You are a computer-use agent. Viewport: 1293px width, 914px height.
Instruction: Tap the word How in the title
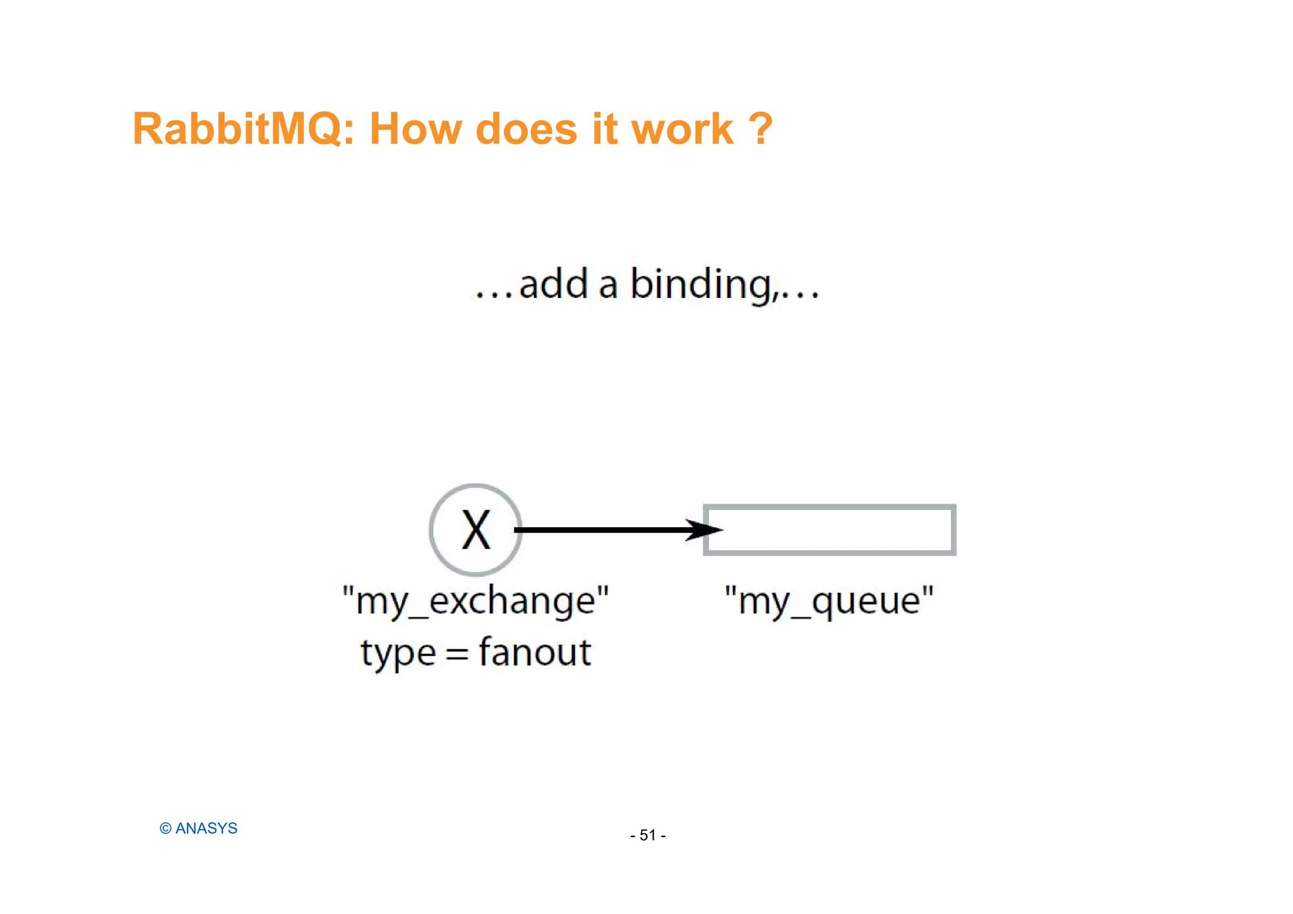pyautogui.click(x=415, y=129)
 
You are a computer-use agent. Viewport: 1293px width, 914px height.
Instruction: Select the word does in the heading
pyautogui.click(x=526, y=129)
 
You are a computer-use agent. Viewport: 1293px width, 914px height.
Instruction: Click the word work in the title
pyautogui.click(x=682, y=129)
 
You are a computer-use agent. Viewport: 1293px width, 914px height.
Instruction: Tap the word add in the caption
pyautogui.click(x=554, y=285)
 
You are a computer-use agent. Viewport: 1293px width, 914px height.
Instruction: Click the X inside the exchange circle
pyautogui.click(x=475, y=530)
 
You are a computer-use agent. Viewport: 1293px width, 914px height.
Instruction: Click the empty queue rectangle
pyautogui.click(x=830, y=530)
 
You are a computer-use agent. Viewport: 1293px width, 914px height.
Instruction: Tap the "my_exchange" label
pyautogui.click(x=475, y=600)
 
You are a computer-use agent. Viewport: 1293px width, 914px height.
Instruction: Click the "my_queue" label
pyautogui.click(x=829, y=600)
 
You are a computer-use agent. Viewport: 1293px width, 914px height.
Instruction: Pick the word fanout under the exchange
pyautogui.click(x=535, y=652)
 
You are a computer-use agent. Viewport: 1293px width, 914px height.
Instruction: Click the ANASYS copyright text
pyautogui.click(x=206, y=829)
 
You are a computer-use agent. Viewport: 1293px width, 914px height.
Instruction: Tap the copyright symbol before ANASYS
pyautogui.click(x=165, y=829)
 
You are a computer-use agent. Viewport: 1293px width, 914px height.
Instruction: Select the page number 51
pyautogui.click(x=648, y=836)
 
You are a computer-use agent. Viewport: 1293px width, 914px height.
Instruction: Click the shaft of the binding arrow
pyautogui.click(x=600, y=530)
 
